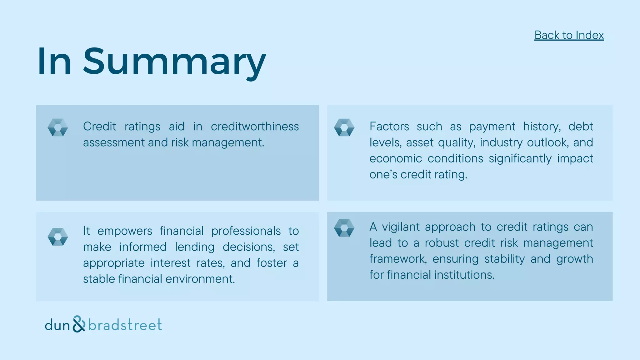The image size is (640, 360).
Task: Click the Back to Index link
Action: point(569,35)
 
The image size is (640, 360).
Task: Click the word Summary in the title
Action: point(174,62)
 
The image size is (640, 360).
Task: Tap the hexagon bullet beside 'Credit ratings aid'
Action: point(58,127)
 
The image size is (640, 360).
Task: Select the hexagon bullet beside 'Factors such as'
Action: point(344,127)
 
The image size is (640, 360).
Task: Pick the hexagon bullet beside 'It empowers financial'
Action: point(58,237)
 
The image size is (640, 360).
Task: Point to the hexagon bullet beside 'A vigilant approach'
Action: point(344,228)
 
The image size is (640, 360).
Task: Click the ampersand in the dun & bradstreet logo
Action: point(79,324)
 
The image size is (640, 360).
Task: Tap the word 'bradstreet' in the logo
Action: point(125,325)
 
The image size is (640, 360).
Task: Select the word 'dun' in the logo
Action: point(57,325)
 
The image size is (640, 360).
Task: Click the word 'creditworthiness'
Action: point(255,127)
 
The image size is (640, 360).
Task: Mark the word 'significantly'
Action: point(520,159)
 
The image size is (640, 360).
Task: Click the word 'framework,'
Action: point(398,259)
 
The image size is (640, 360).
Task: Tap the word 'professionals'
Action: point(246,231)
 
